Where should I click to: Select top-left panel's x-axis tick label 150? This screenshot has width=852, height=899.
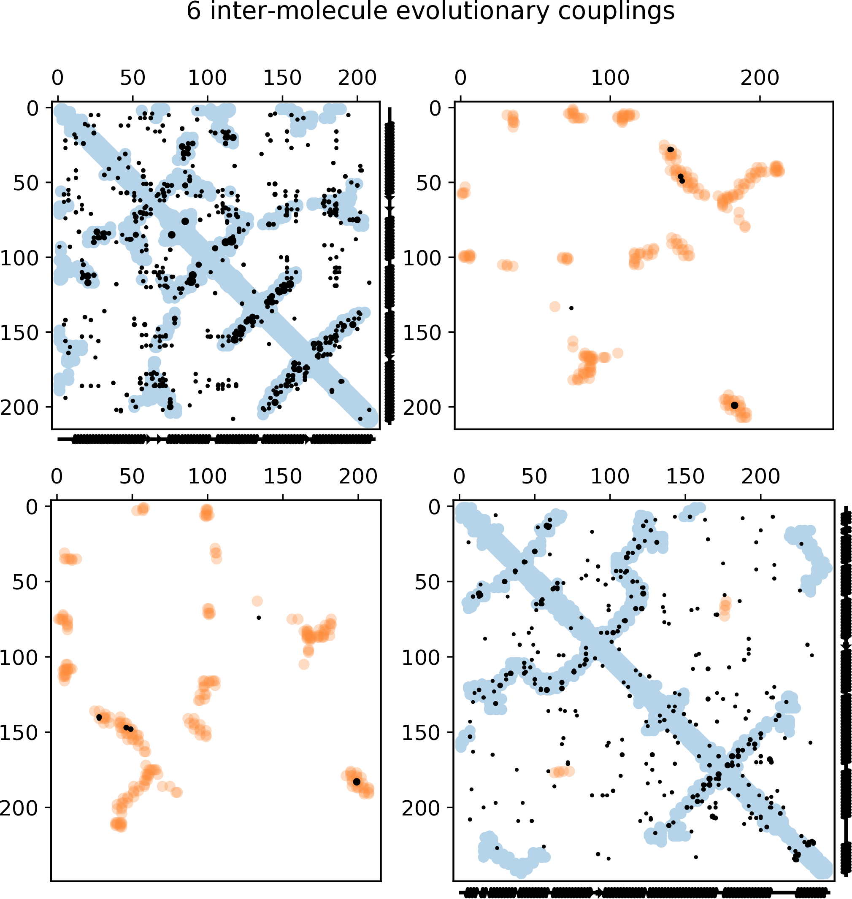click(x=282, y=78)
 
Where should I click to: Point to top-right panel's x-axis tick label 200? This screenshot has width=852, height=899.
click(x=760, y=78)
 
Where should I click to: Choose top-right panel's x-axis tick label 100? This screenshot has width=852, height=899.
click(x=610, y=78)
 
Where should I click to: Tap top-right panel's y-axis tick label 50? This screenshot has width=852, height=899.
click(x=428, y=183)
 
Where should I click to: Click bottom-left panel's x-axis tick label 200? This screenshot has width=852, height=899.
click(x=358, y=477)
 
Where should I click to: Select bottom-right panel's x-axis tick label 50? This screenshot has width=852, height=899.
click(x=534, y=477)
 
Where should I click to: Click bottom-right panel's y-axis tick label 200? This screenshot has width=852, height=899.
click(x=421, y=807)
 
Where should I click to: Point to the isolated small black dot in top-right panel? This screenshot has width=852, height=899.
click(x=571, y=308)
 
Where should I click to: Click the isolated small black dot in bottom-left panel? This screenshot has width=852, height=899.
click(x=258, y=618)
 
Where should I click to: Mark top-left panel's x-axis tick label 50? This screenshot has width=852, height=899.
click(x=133, y=78)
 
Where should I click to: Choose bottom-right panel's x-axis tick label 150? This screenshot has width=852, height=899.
click(x=685, y=477)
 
